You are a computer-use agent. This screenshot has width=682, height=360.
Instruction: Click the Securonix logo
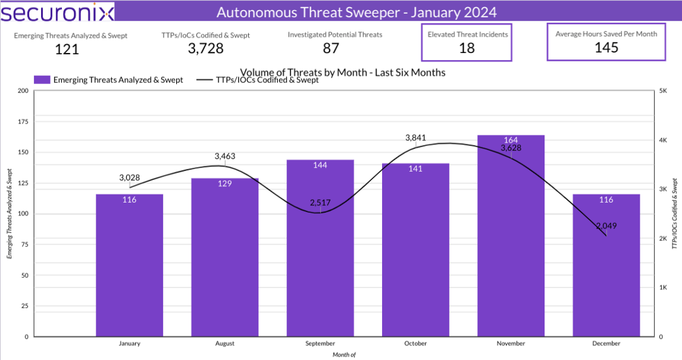point(57,12)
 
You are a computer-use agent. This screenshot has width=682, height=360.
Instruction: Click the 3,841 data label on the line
point(416,137)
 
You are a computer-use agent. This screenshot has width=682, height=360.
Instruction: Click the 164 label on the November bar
point(511,140)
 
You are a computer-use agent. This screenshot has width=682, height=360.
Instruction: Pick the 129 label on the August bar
point(225,183)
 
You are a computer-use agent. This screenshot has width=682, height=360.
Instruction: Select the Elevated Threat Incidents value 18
point(467,48)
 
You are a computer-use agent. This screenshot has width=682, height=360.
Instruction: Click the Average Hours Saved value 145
point(606,47)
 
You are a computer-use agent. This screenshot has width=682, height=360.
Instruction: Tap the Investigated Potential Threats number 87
point(335,48)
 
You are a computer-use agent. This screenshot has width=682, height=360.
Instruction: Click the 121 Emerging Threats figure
point(67,49)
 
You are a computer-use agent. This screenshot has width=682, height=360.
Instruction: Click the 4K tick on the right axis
point(664,140)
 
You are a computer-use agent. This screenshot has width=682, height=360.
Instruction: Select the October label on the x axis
point(416,344)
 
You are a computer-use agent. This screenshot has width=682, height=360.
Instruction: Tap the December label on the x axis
point(607,344)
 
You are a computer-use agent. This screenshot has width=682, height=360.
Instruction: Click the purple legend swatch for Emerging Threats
point(42,80)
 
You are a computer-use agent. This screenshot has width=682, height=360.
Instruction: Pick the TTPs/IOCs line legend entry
point(258,80)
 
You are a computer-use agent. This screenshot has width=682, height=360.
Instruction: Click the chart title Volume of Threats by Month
point(343,73)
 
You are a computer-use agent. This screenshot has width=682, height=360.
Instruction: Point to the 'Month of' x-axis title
point(344,354)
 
